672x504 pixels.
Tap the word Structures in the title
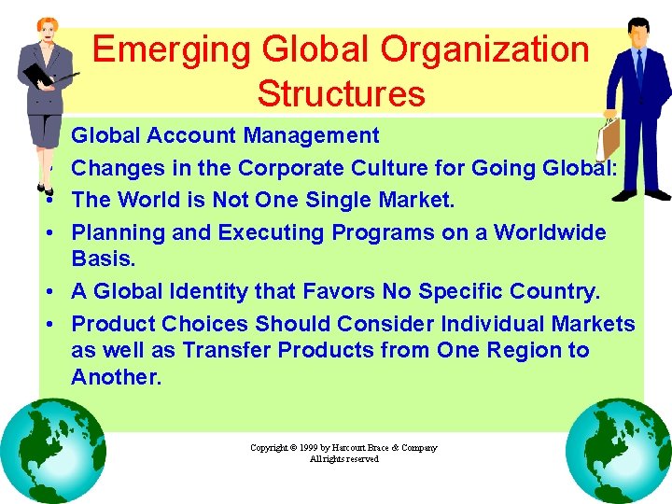coord(341,93)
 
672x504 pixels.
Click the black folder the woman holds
coord(40,77)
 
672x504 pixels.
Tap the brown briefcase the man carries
coord(608,138)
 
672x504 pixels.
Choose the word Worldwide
coord(550,232)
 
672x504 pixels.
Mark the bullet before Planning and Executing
coord(58,233)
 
